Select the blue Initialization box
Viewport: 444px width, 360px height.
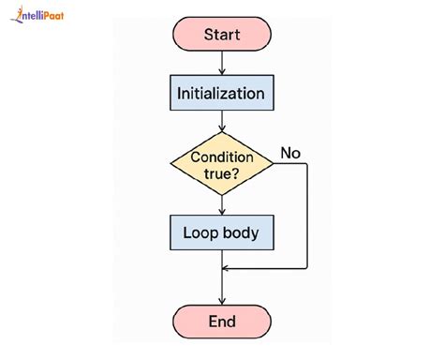pyautogui.click(x=222, y=94)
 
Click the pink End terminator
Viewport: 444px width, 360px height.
pyautogui.click(x=222, y=322)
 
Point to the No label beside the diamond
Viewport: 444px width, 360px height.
pyautogui.click(x=291, y=153)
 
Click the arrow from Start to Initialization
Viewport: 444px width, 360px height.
pyautogui.click(x=222, y=63)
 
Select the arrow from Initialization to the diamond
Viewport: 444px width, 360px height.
pyautogui.click(x=222, y=122)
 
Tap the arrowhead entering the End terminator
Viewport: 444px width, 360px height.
pyautogui.click(x=222, y=298)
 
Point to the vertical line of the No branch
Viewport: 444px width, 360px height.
pyautogui.click(x=307, y=216)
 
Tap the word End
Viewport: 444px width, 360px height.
pyautogui.click(x=222, y=322)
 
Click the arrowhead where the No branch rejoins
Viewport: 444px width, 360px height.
pyautogui.click(x=228, y=269)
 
